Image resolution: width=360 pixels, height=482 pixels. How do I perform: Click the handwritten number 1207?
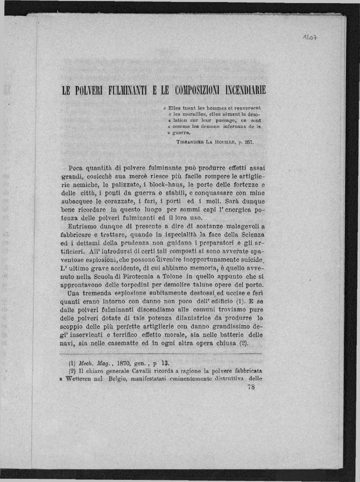click(x=310, y=37)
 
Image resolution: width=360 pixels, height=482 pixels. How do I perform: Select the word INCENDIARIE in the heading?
click(x=246, y=90)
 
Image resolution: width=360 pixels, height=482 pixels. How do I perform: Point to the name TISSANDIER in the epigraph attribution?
click(x=189, y=142)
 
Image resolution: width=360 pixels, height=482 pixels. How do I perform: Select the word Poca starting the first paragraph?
click(x=76, y=168)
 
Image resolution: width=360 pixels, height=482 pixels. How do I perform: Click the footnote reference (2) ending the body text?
click(x=243, y=343)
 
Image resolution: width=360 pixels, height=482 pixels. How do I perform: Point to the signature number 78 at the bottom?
click(x=251, y=387)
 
